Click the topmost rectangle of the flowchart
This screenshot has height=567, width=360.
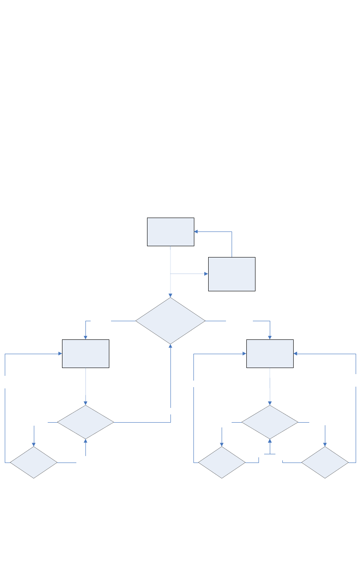[170, 232]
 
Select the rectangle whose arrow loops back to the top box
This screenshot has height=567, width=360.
[232, 274]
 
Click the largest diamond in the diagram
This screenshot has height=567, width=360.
[170, 321]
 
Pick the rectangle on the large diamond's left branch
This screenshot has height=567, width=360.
[85, 354]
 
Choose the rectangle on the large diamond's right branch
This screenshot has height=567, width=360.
[270, 354]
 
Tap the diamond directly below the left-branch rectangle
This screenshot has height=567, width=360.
[85, 422]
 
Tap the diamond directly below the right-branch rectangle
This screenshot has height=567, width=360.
[270, 422]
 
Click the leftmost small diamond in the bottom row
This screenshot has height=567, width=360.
[33, 463]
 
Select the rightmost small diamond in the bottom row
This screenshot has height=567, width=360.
[325, 463]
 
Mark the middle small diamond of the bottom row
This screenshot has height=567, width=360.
[222, 463]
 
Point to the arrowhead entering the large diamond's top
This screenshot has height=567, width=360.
[170, 295]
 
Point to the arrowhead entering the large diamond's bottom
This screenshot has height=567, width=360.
[170, 347]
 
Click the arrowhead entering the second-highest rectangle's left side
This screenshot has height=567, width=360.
[206, 274]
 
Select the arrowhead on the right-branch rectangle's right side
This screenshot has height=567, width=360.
[296, 354]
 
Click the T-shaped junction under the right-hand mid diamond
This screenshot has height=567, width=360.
[270, 454]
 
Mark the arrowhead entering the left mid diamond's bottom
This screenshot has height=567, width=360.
[85, 441]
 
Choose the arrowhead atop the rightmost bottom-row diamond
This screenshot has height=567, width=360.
[325, 444]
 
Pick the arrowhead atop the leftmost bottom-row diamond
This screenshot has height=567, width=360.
[33, 444]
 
